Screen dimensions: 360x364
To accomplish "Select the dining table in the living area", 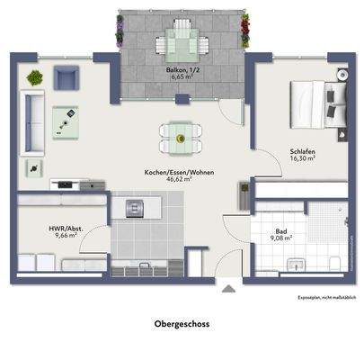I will (x=180, y=138).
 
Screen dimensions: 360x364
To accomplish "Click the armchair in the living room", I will (x=66, y=80).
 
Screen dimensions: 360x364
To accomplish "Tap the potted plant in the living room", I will (x=34, y=78).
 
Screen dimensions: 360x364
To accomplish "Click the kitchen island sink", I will (x=135, y=209).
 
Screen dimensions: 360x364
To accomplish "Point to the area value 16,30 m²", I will (x=301, y=158).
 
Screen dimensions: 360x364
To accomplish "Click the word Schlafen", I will (x=301, y=150).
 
